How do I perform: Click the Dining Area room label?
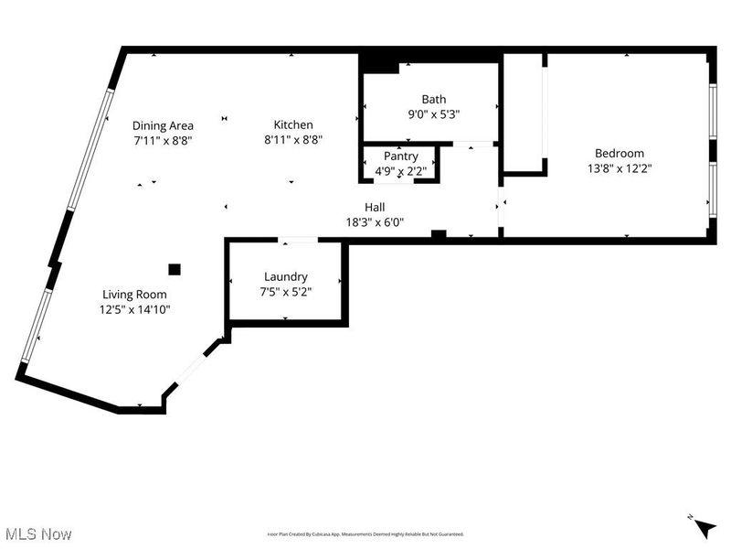click(x=163, y=126)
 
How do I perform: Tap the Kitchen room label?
click(x=293, y=125)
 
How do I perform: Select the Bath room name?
click(x=433, y=100)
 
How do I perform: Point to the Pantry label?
click(x=400, y=156)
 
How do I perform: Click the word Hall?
click(x=375, y=207)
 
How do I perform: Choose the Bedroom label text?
click(x=619, y=154)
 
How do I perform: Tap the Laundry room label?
click(x=285, y=277)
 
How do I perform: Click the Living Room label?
click(x=135, y=295)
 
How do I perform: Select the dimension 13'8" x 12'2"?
click(x=619, y=168)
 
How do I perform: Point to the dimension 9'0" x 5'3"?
click(x=433, y=114)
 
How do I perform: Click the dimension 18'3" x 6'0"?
click(x=375, y=221)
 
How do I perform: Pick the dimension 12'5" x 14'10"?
click(x=135, y=309)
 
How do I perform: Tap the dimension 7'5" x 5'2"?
click(x=285, y=292)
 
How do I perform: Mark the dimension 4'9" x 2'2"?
click(x=400, y=171)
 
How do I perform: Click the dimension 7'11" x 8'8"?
click(x=163, y=141)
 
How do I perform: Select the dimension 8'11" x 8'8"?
click(x=293, y=140)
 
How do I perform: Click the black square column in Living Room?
click(x=174, y=269)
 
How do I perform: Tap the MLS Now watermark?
click(x=37, y=533)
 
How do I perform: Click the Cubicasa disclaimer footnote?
click(x=365, y=534)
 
